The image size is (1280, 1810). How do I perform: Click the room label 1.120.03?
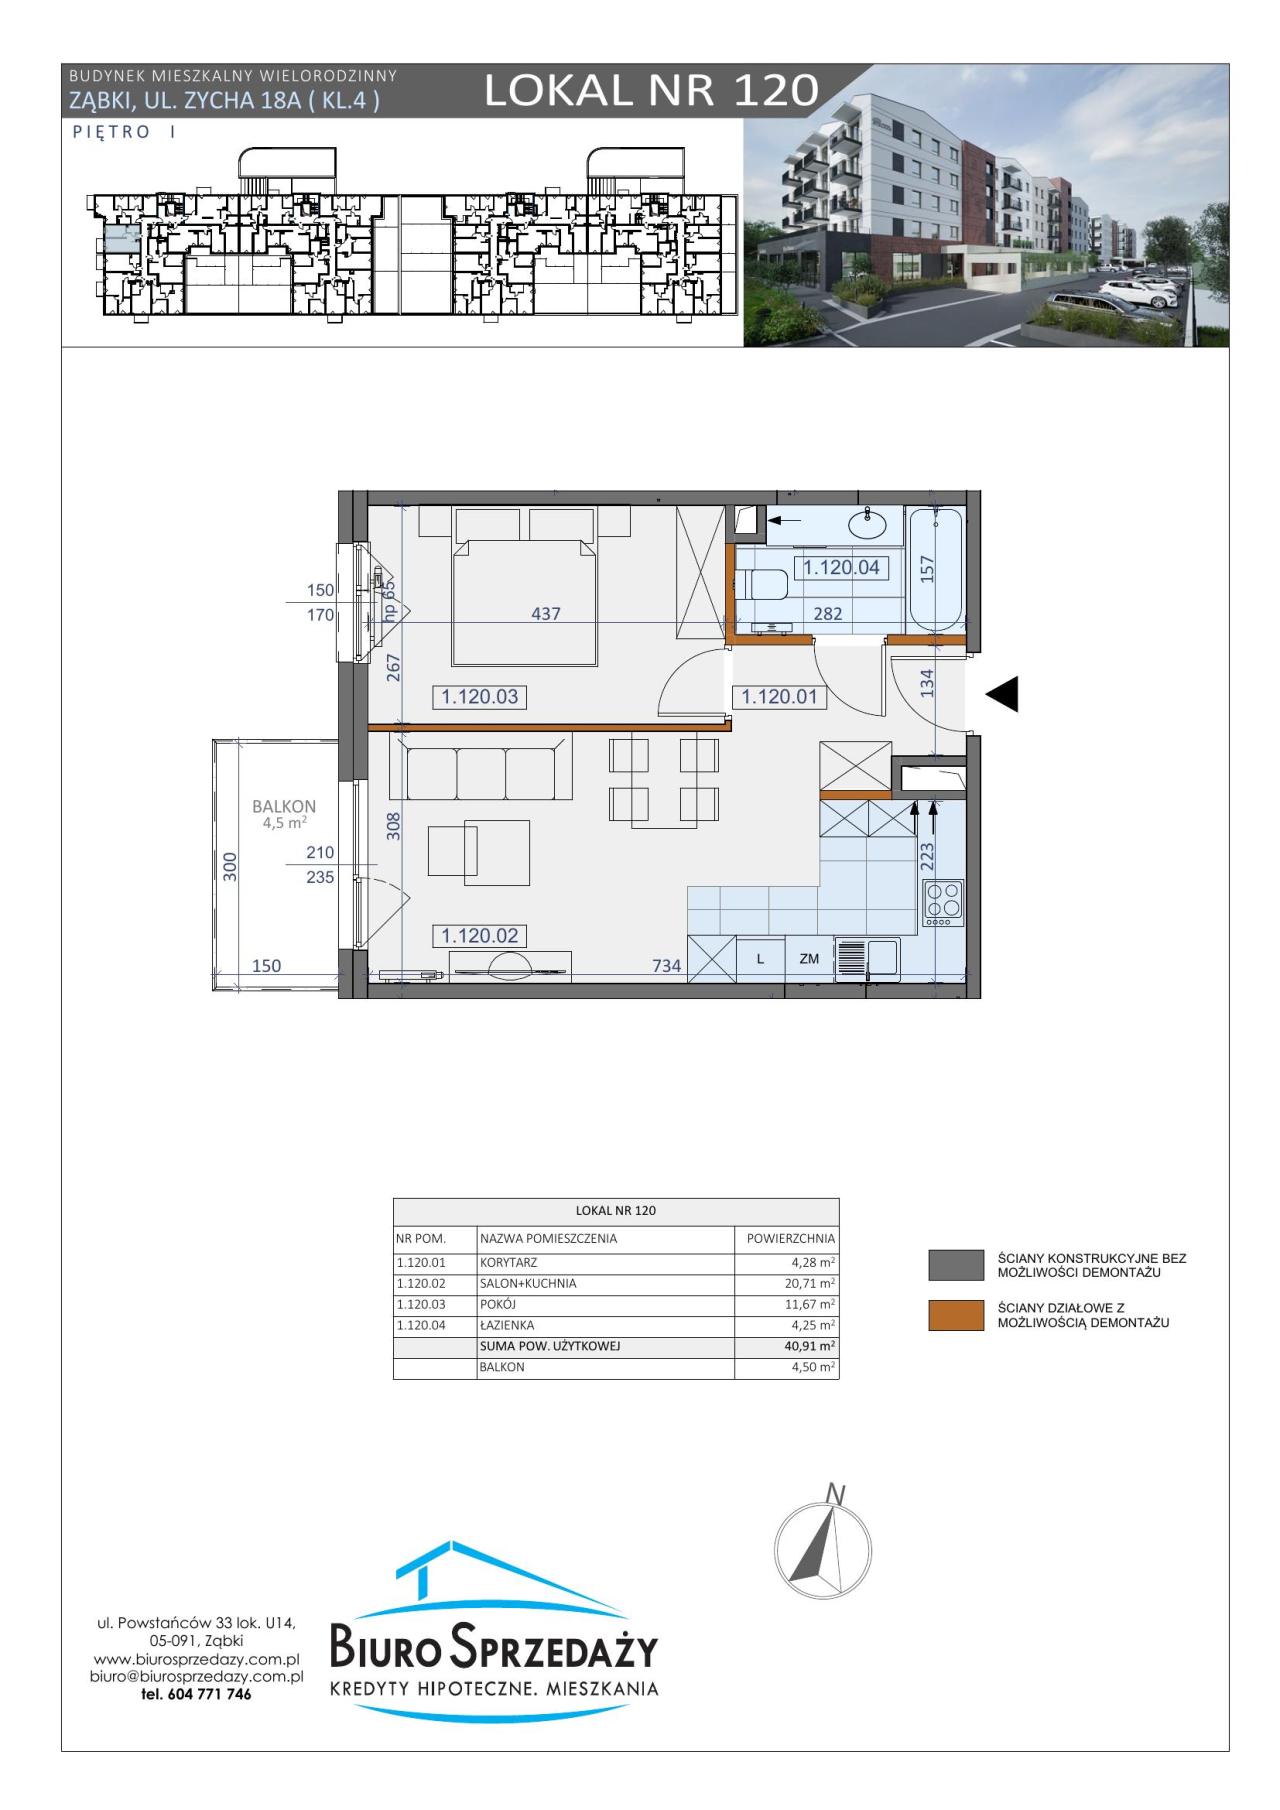click(480, 697)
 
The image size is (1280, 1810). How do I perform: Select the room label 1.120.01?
click(780, 697)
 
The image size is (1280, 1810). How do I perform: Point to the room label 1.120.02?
click(480, 936)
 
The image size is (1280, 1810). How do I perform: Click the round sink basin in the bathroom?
click(866, 523)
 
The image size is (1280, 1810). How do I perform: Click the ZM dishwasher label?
click(809, 959)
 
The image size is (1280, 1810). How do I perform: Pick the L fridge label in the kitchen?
click(760, 959)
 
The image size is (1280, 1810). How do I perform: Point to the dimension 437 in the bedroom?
click(546, 614)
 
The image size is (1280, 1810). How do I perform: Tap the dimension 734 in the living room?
click(667, 966)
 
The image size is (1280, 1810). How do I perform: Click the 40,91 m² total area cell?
click(810, 1346)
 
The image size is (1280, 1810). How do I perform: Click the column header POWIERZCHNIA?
click(791, 1238)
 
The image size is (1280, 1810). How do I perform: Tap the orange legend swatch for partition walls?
click(956, 1316)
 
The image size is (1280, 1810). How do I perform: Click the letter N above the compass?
click(837, 1495)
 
